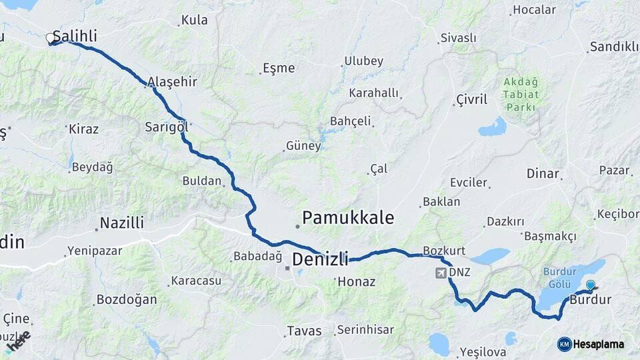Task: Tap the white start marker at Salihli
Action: [x=50, y=39]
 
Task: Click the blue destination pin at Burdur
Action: [x=590, y=286]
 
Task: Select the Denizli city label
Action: [x=320, y=259]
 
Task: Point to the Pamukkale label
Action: [x=348, y=218]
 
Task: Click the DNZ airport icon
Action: [x=441, y=273]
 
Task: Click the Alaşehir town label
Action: [x=172, y=82]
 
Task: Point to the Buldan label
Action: [x=201, y=181]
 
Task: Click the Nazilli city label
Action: [x=121, y=223]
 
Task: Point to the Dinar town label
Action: [x=543, y=173]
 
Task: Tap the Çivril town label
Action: [x=471, y=99]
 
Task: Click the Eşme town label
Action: [x=279, y=68]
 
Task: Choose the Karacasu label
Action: [x=196, y=281]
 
